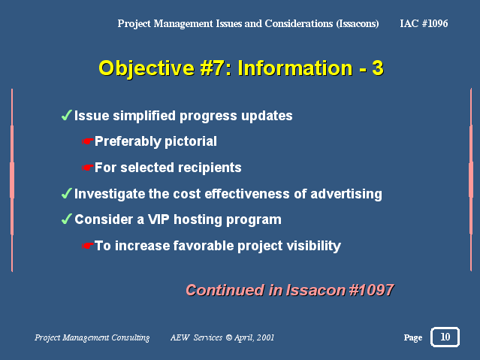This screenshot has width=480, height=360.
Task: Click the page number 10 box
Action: click(x=445, y=337)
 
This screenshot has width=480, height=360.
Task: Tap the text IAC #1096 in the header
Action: click(x=424, y=23)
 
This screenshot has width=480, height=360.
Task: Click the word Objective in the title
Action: click(x=146, y=69)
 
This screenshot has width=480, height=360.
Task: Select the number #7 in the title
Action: click(x=212, y=68)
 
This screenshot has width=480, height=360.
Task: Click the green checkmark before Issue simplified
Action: click(x=66, y=115)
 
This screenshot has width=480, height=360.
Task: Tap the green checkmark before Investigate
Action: click(x=66, y=193)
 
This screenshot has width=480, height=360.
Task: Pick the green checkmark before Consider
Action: click(x=66, y=219)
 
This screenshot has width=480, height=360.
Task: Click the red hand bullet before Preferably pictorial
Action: click(x=87, y=141)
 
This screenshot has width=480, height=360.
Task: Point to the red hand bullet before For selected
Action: click(x=87, y=168)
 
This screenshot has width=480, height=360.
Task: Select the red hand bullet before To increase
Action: click(x=87, y=246)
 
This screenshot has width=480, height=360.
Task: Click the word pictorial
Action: click(x=191, y=141)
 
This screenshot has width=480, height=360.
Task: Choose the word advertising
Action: click(x=346, y=194)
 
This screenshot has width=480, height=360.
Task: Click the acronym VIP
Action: click(x=158, y=219)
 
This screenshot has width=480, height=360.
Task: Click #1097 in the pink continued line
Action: click(x=371, y=290)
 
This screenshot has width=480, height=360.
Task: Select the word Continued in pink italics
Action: click(x=225, y=290)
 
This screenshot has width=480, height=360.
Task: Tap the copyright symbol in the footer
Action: click(x=228, y=337)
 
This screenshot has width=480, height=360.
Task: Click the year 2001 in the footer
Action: click(x=265, y=337)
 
